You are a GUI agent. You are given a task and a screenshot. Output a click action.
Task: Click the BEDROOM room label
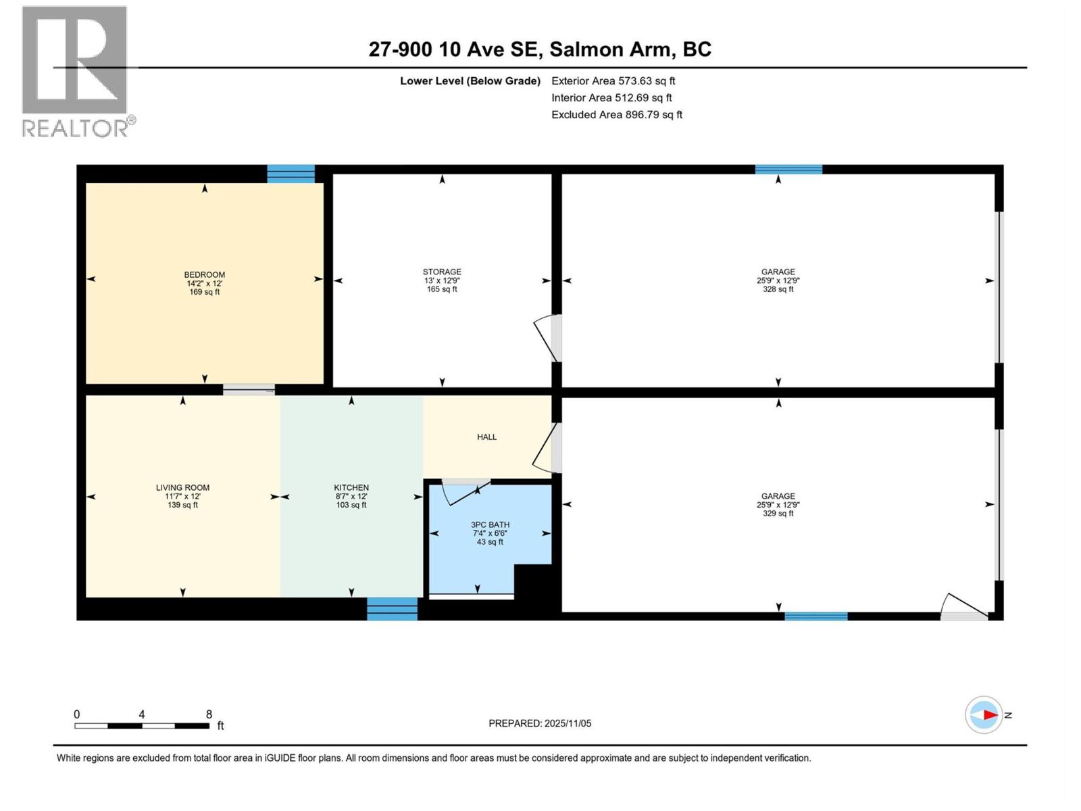pos(204,275)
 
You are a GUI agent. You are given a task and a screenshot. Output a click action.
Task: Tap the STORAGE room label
pos(442,272)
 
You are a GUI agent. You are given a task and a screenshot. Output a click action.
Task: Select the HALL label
pos(486,437)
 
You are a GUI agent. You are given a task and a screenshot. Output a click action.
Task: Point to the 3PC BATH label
pos(490,525)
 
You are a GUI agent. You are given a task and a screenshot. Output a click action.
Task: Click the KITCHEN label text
pos(351,488)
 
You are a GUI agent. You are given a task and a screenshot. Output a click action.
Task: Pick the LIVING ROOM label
pos(182,488)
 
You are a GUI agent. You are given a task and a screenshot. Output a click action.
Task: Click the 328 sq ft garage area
pos(778,289)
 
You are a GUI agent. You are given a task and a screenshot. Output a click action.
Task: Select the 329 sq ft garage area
pos(778,514)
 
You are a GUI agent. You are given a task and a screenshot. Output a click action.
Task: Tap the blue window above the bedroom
pos(291,174)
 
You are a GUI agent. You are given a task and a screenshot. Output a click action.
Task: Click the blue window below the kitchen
pos(392,608)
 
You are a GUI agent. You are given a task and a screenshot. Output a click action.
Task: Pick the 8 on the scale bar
pos(209,714)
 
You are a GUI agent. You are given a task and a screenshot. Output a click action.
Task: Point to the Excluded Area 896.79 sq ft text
pos(616,115)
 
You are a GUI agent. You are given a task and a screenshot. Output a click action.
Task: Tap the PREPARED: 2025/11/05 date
pos(540,723)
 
